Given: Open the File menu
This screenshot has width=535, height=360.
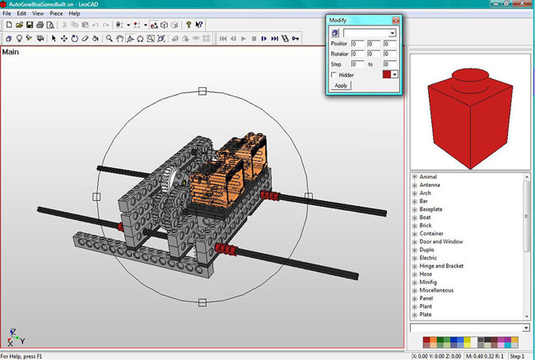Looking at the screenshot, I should (x=7, y=14).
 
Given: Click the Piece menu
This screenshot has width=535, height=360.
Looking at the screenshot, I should (x=56, y=14).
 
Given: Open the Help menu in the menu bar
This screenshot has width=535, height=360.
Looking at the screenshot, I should (x=75, y=14).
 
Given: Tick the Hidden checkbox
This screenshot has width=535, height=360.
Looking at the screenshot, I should (x=334, y=75).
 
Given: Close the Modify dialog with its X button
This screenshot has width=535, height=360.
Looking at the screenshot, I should (x=396, y=19).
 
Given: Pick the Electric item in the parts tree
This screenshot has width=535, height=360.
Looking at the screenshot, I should (x=429, y=258).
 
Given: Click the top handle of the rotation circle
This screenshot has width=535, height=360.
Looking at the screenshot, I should (x=202, y=91).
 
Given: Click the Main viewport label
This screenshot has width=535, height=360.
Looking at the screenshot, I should (x=12, y=53).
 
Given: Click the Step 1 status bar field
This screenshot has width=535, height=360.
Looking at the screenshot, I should (x=517, y=356).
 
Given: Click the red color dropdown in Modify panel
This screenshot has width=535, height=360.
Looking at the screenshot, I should (x=394, y=74).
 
